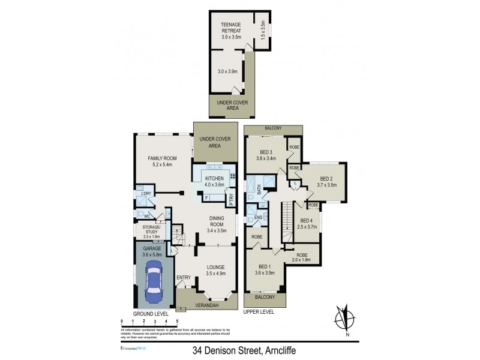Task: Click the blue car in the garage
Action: tap(154, 281)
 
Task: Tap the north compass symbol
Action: tap(343, 318)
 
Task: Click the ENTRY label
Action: tap(184, 277)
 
